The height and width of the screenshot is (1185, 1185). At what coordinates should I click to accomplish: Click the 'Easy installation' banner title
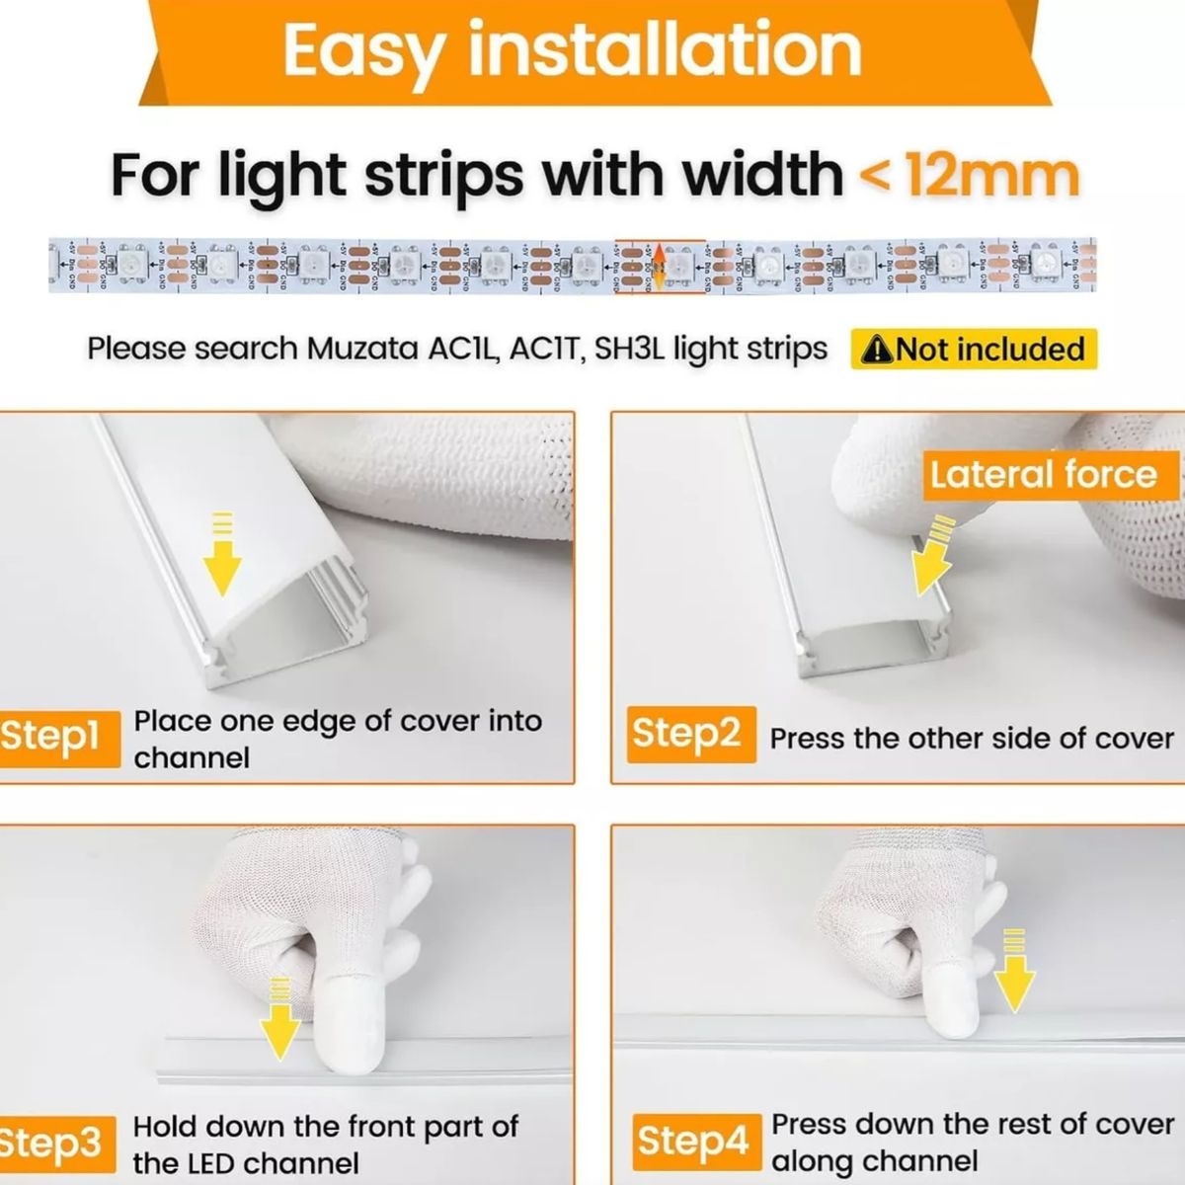pos(573,49)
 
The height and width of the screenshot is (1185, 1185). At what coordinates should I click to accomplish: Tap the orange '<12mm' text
pos(970,176)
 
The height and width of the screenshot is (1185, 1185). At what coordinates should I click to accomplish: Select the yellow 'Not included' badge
pos(974,350)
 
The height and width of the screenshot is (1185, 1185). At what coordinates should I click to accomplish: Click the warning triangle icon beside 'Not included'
pos(877,350)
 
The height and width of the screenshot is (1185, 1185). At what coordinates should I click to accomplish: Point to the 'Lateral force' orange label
pos(1043,475)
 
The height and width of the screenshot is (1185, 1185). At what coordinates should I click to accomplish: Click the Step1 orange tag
pos(54,737)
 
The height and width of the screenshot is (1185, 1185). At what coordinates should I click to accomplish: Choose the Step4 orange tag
pos(693,1141)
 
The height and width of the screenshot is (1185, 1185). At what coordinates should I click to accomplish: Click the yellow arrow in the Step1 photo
pos(222,563)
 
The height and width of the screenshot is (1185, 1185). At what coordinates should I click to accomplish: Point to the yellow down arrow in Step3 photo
pos(280,1022)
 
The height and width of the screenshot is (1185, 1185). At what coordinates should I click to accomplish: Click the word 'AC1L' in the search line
pos(463,350)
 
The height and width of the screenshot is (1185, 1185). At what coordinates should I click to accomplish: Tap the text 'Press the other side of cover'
pos(972,739)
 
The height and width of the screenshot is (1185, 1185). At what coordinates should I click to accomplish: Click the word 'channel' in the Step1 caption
pos(192,758)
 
